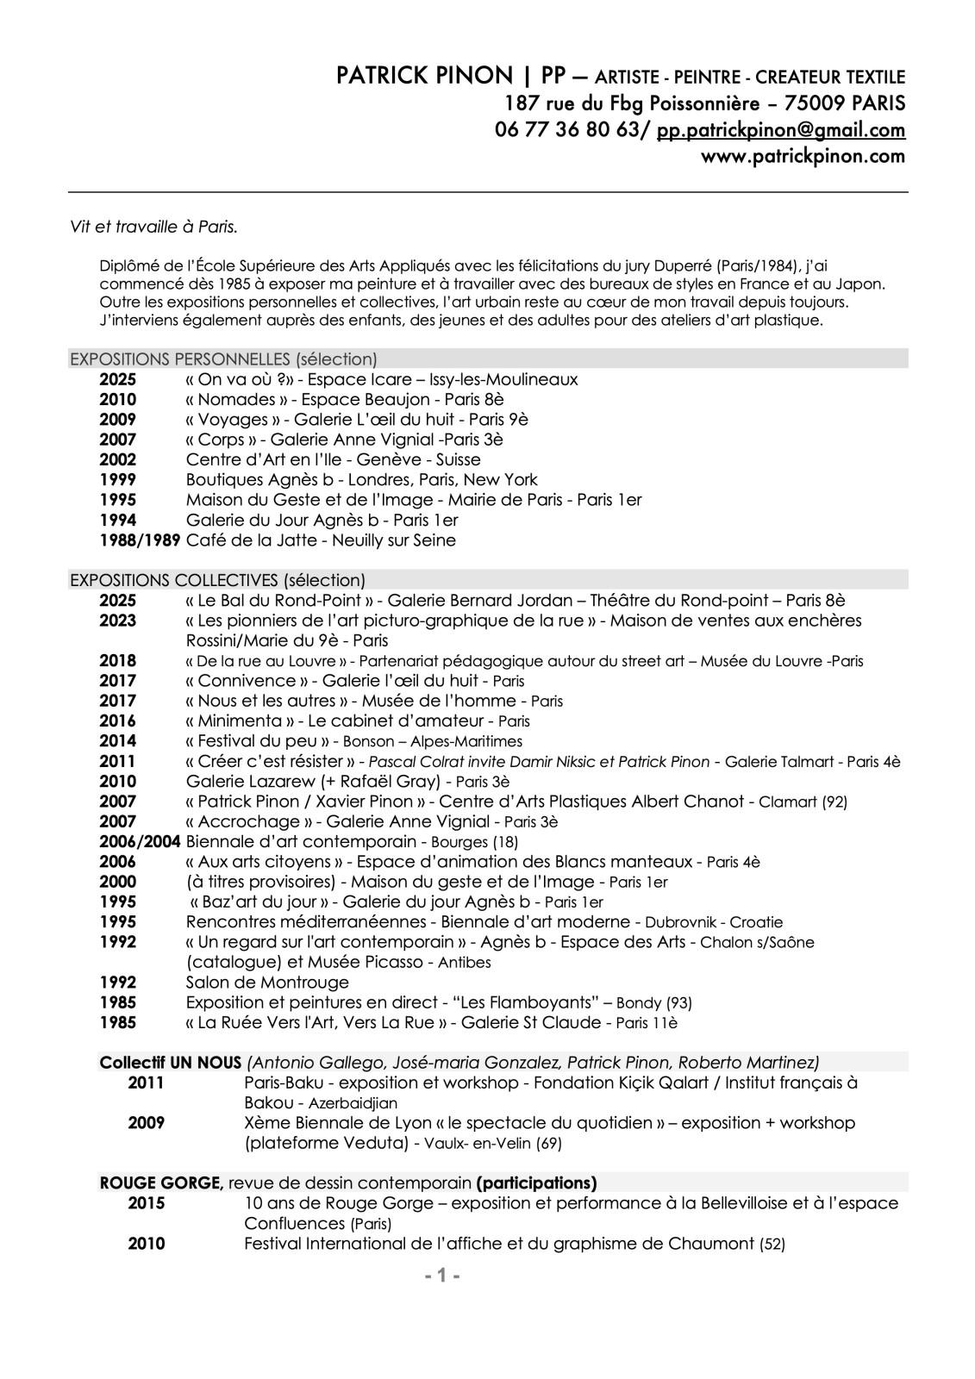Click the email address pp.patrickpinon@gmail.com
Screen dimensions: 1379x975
tap(781, 130)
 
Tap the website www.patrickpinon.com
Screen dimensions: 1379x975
tap(803, 157)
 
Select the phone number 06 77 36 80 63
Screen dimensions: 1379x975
tap(566, 130)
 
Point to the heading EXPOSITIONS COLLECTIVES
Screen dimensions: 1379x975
tap(173, 580)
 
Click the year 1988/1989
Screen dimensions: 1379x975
tap(140, 540)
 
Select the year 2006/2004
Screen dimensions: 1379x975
tap(140, 841)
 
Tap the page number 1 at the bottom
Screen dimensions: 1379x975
tap(442, 1276)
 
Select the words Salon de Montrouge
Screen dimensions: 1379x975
tap(267, 983)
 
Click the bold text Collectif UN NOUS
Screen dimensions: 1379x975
tap(171, 1062)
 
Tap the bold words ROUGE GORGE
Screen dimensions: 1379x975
tap(161, 1182)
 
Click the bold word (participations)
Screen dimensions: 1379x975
tap(536, 1182)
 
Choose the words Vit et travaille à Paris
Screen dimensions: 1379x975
tap(153, 228)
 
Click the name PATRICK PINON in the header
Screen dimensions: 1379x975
tap(424, 77)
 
